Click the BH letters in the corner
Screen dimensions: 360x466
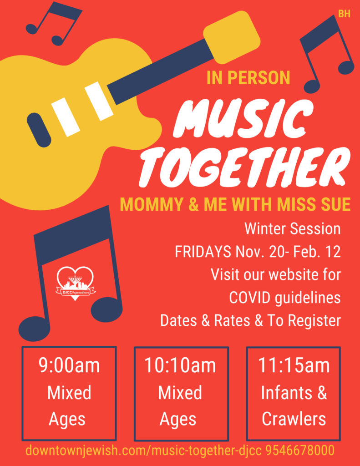pos(344,13)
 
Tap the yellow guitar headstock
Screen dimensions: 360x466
pos(232,37)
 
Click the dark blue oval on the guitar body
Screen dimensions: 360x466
pos(39,130)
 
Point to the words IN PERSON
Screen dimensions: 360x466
pos(248,77)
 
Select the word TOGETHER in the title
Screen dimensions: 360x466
pos(244,167)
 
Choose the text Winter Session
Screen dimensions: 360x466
pos(293,229)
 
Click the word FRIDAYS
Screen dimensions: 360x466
pos(203,252)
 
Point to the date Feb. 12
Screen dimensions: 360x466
pos(317,252)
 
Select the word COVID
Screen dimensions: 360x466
pos(250,298)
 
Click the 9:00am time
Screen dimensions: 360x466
pos(69,365)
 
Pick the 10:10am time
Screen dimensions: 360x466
pos(180,365)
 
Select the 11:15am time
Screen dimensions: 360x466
pos(294,365)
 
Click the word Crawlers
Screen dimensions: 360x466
pos(294,419)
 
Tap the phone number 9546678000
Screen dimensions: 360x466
pos(300,451)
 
